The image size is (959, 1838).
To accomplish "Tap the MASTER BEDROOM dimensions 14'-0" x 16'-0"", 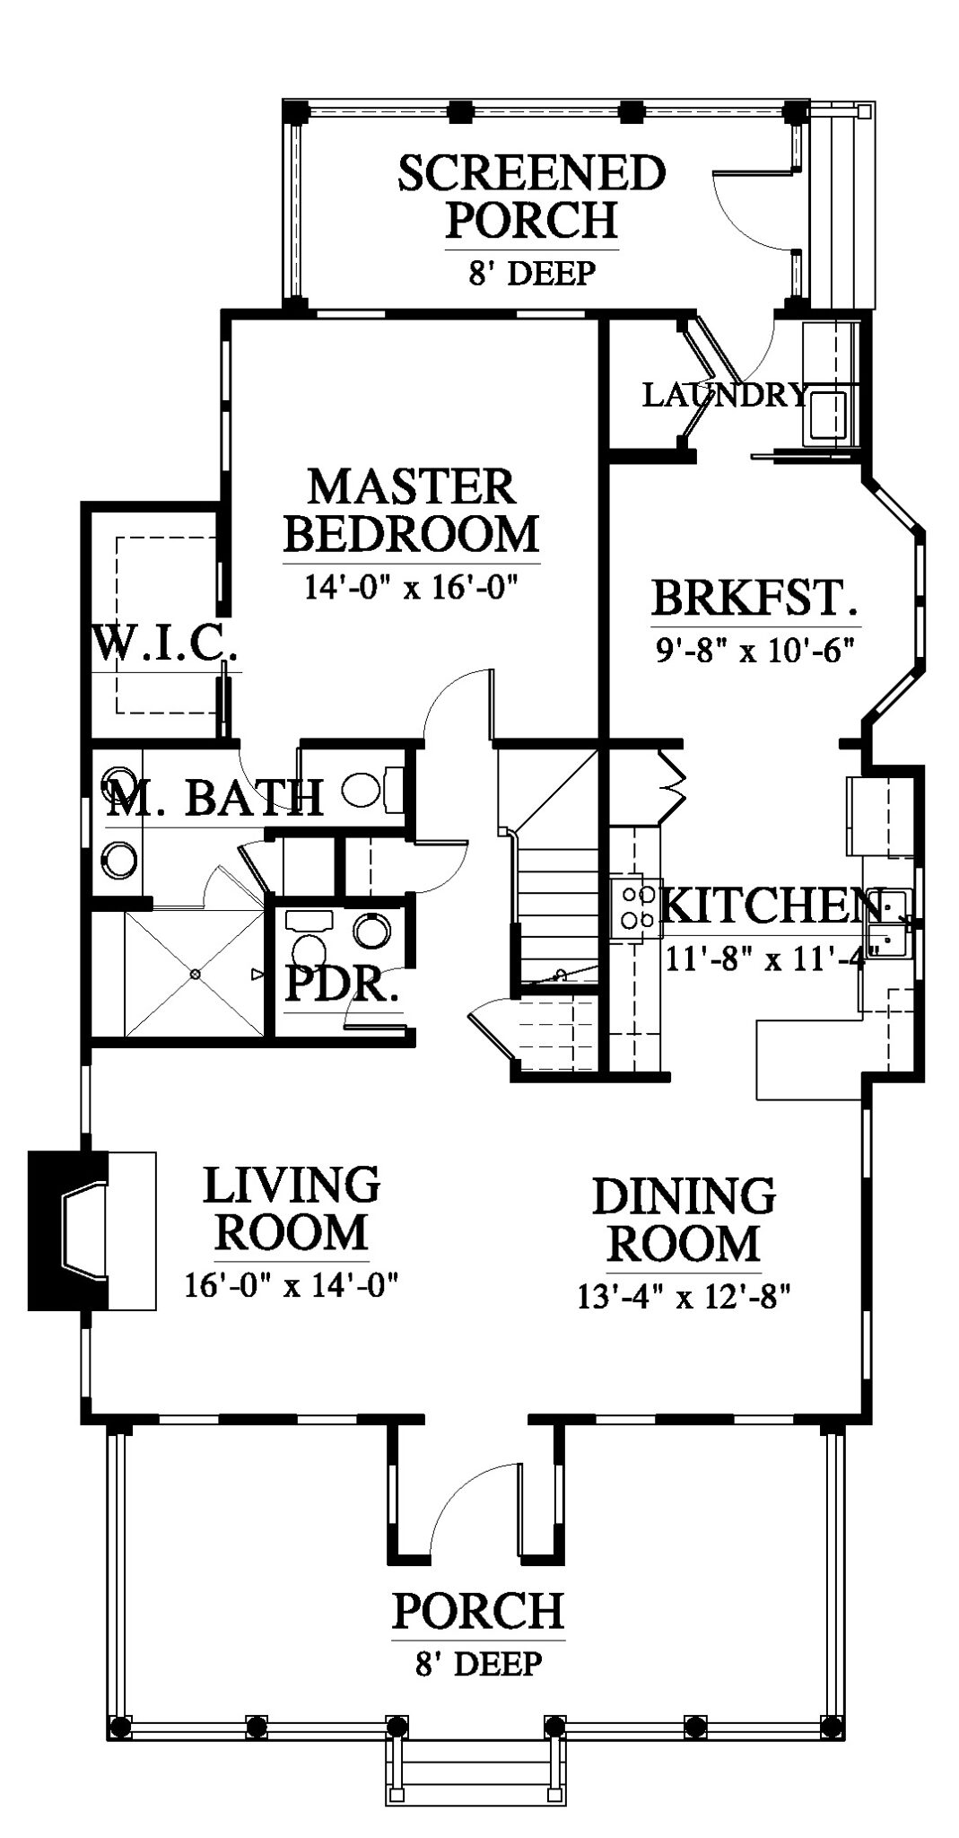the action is (x=413, y=588).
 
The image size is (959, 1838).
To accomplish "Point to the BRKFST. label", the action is (x=754, y=598).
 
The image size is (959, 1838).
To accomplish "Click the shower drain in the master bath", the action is (x=194, y=973).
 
